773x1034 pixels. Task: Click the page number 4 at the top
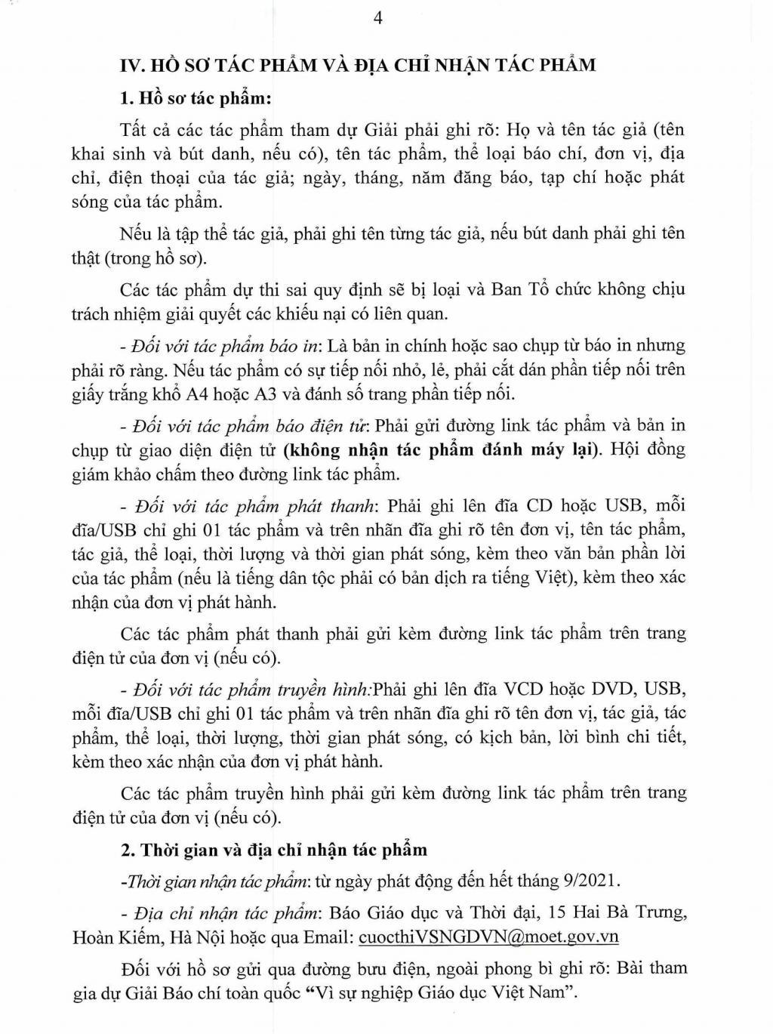point(378,19)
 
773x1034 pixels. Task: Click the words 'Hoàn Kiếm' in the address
point(116,937)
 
